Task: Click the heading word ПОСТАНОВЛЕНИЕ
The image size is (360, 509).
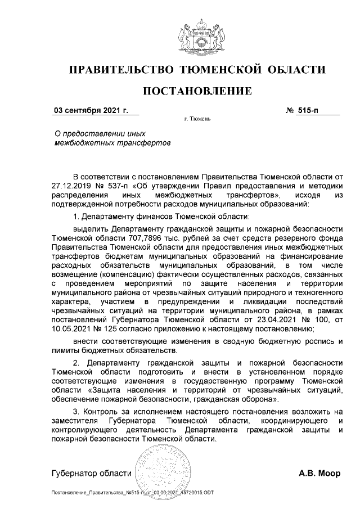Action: click(x=197, y=91)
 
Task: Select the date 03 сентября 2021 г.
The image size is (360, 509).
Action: click(x=91, y=111)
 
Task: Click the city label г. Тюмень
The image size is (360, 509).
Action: click(x=197, y=120)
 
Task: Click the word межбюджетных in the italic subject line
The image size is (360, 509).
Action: click(x=75, y=143)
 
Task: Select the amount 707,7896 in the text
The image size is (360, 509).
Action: click(x=127, y=238)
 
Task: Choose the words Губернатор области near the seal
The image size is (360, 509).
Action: click(x=91, y=473)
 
